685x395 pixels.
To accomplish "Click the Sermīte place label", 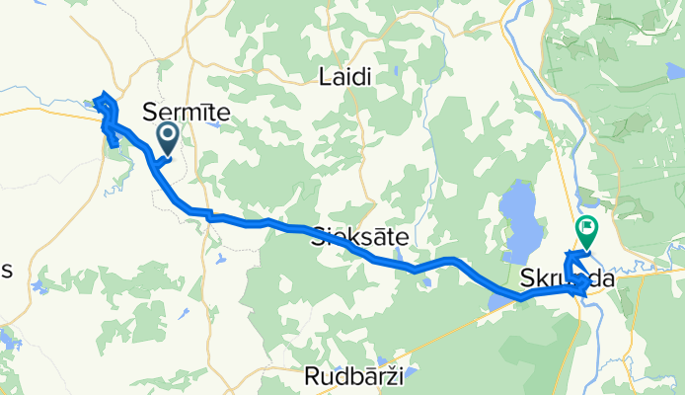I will tap(187, 113).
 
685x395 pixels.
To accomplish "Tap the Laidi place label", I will tap(346, 76).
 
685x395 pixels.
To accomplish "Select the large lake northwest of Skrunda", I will tap(519, 218).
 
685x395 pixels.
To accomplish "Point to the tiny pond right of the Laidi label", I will tap(393, 71).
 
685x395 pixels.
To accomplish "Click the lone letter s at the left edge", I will tap(5, 273).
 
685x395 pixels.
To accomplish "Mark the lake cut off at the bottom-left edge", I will tap(5, 341).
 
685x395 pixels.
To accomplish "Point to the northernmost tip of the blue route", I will tap(101, 96).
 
